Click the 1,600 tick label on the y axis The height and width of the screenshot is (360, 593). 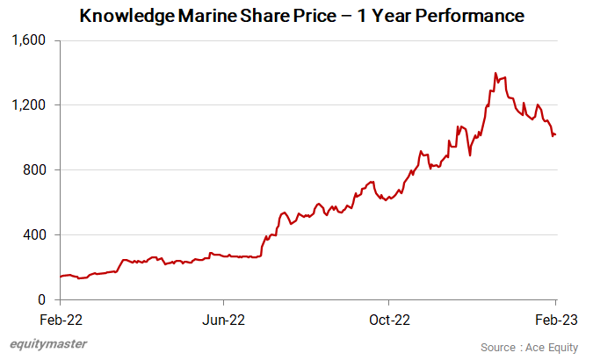tap(32, 40)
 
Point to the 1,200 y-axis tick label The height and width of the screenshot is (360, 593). tap(32, 105)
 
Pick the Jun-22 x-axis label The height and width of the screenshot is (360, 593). tap(223, 320)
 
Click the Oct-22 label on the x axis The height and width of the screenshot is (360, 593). tap(390, 320)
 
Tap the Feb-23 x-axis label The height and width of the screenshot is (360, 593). tap(555, 320)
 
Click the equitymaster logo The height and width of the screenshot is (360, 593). tap(48, 344)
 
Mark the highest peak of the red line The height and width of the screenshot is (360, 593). tap(495, 73)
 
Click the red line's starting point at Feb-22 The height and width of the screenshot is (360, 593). tap(60, 277)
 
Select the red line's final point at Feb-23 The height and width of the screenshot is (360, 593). tap(556, 134)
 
